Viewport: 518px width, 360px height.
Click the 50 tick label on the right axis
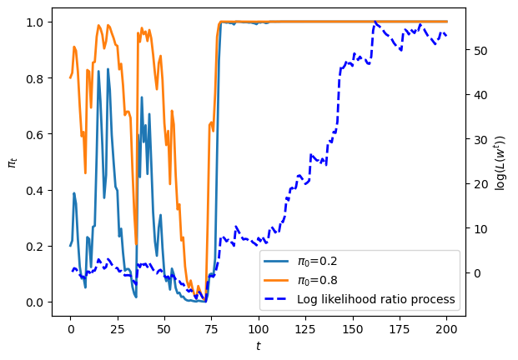[480, 51]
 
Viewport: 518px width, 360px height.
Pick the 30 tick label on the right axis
[480, 139]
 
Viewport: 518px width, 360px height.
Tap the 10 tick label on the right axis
[480, 228]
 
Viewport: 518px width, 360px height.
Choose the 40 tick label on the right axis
[480, 95]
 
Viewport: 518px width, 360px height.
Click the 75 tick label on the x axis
[211, 329]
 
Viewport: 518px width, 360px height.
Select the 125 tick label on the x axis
[305, 329]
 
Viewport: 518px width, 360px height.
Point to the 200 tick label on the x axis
[446, 329]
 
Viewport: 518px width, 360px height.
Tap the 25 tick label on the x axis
[118, 329]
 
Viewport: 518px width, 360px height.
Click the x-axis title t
[259, 346]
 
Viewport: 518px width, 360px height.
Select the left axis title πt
[13, 162]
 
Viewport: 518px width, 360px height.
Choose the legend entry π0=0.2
[318, 262]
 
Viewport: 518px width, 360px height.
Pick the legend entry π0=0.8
[318, 281]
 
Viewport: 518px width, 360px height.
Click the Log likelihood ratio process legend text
[376, 299]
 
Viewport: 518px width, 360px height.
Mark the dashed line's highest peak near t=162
[375, 22]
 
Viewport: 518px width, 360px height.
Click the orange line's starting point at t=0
[70, 77]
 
